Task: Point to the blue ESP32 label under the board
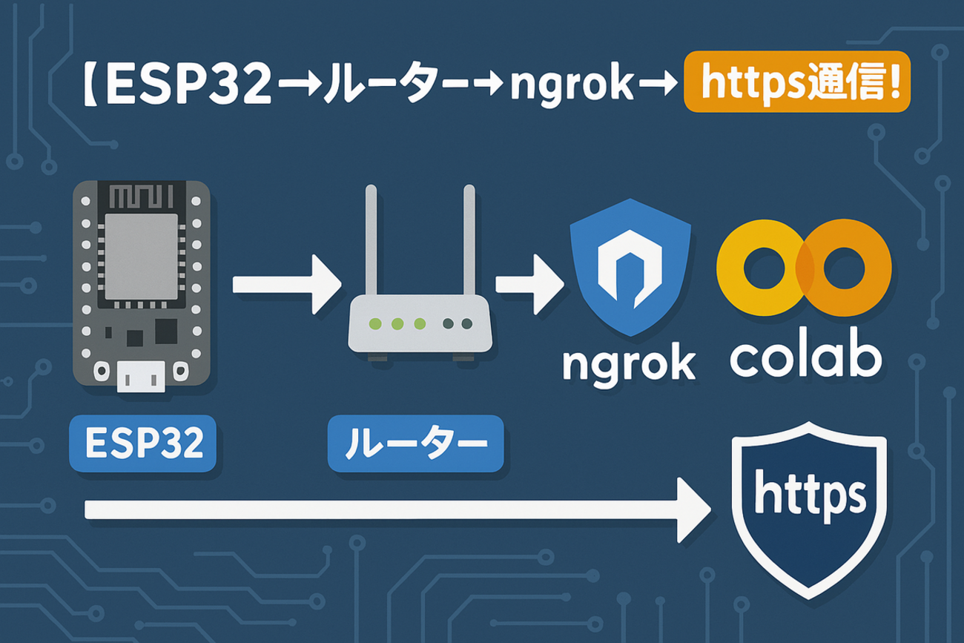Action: pyautogui.click(x=142, y=443)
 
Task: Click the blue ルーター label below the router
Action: pyautogui.click(x=415, y=443)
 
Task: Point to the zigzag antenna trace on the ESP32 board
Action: pyautogui.click(x=140, y=197)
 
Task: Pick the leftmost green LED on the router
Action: pyautogui.click(x=375, y=323)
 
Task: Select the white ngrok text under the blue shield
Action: pyautogui.click(x=630, y=361)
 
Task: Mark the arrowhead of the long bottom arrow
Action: pyautogui.click(x=693, y=510)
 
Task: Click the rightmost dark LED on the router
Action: pyautogui.click(x=466, y=323)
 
